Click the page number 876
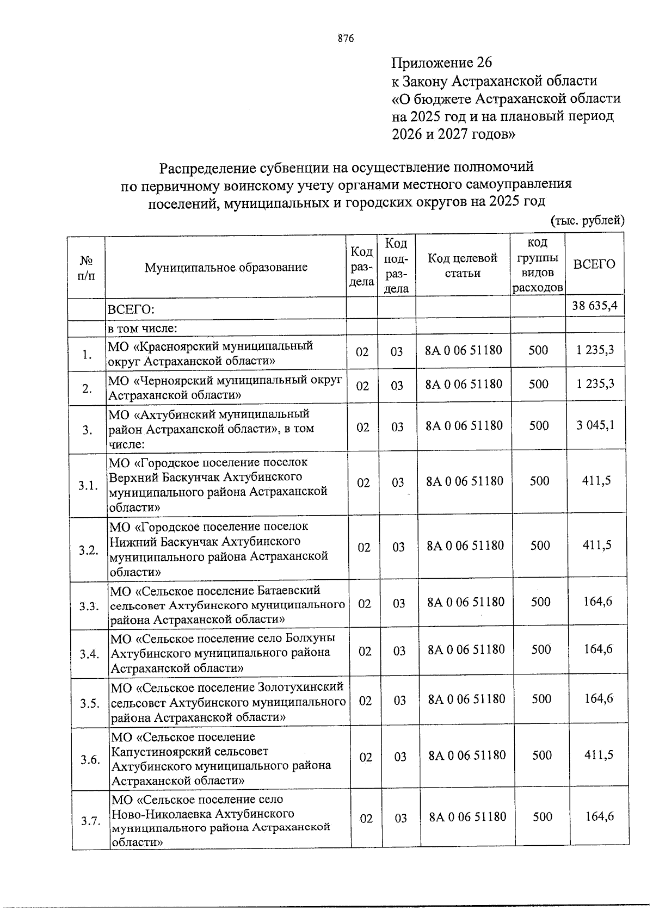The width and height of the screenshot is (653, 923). point(346,39)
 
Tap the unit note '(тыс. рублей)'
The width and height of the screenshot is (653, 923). point(588,220)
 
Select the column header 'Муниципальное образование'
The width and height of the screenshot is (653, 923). point(226,267)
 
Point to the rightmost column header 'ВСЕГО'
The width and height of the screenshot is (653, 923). point(594,264)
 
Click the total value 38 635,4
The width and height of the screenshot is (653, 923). point(594,306)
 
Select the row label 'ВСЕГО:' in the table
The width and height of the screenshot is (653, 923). point(131,310)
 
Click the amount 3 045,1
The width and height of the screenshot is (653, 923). point(596,425)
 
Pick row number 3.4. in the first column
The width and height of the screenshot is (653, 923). point(89,654)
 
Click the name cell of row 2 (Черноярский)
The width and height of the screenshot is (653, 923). point(225,387)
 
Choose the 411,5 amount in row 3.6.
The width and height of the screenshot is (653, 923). point(598,754)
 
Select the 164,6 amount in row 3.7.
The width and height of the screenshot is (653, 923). point(599,816)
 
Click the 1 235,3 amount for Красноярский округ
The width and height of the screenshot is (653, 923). point(595,350)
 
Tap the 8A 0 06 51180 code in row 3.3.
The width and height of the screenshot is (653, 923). point(466,602)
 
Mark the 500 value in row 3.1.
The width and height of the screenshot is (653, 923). point(539,481)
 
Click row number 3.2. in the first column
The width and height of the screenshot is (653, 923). point(88,550)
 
